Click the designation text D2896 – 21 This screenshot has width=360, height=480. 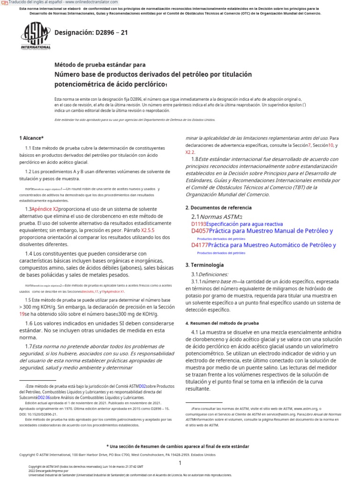pyautogui.click(x=91, y=33)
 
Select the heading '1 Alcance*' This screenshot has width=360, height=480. pyautogui.click(x=31, y=138)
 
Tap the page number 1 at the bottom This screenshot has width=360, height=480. pyautogui.click(x=180, y=463)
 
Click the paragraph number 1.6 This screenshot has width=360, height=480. pyautogui.click(x=29, y=323)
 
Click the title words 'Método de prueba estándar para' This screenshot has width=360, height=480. pyautogui.click(x=100, y=65)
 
